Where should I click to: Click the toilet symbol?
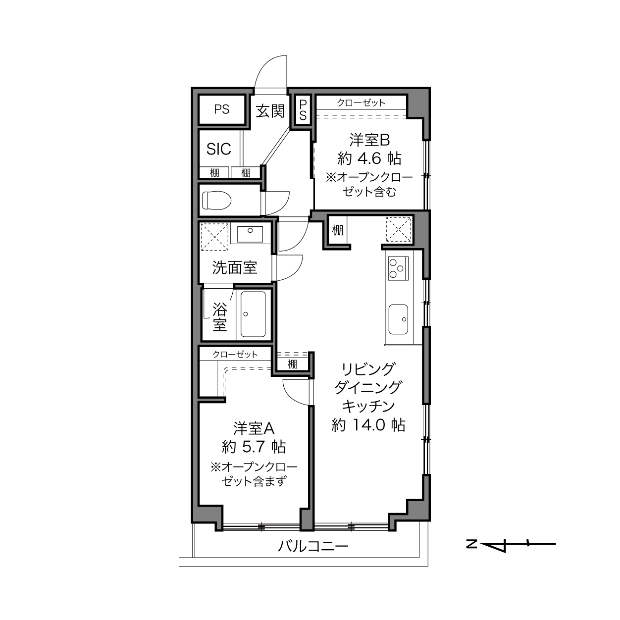216,200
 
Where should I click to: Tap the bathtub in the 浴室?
253,314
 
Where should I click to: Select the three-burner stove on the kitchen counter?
398,268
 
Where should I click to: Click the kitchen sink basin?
398,319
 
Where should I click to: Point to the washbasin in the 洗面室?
250,234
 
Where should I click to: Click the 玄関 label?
270,111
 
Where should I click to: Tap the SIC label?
219,149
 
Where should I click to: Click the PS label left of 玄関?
222,109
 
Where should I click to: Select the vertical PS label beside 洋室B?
303,110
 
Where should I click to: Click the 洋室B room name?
369,140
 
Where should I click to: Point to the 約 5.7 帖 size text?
254,447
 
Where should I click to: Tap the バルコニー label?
313,546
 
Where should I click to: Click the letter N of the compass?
471,544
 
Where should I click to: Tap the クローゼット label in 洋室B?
361,103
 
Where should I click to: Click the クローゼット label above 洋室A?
235,354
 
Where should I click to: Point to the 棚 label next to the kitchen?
338,230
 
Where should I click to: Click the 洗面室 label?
235,267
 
